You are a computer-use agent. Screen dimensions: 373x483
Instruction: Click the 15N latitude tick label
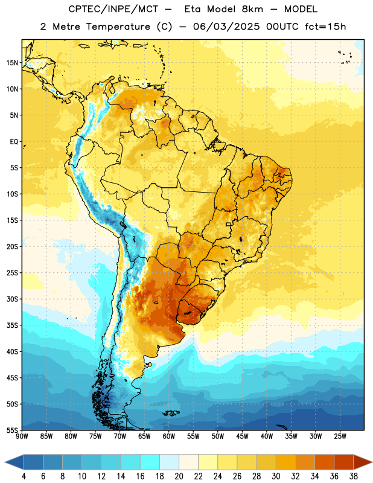tap(11, 63)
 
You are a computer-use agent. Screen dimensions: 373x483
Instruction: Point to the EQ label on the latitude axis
tap(14, 142)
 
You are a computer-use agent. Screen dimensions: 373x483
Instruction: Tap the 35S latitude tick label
tap(12, 325)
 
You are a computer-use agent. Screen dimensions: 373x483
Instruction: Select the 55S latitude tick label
tap(12, 430)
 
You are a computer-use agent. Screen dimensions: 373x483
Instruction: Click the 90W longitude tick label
tap(22, 437)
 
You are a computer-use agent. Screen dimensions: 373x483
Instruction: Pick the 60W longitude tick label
tap(169, 437)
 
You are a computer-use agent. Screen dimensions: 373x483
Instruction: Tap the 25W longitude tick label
tap(340, 437)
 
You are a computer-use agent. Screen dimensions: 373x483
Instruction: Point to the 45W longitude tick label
tap(242, 437)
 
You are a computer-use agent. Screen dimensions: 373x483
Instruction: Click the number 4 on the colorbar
tap(24, 476)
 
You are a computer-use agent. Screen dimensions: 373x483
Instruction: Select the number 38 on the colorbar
tap(354, 476)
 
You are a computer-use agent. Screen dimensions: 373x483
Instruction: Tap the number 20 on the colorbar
tap(179, 476)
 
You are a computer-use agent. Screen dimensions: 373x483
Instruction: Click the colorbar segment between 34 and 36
tap(325, 463)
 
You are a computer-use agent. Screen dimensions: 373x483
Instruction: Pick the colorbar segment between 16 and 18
tap(150, 463)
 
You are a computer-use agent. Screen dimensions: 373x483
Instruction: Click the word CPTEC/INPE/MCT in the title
tap(113, 9)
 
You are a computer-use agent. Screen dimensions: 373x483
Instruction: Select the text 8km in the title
tap(252, 9)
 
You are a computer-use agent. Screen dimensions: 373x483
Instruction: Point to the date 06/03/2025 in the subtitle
tap(226, 27)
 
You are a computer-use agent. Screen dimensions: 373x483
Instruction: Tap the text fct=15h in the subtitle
tap(325, 27)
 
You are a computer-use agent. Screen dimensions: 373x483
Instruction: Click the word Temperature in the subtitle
tap(118, 27)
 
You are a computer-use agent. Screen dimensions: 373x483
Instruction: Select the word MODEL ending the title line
tap(301, 9)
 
